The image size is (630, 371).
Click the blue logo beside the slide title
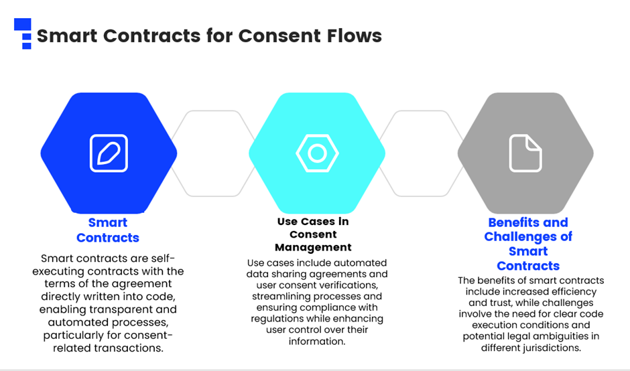pyautogui.click(x=23, y=33)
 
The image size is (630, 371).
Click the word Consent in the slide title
pyautogui.click(x=280, y=35)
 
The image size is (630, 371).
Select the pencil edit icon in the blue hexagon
pyautogui.click(x=109, y=153)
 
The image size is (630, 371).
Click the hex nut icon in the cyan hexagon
pyautogui.click(x=317, y=153)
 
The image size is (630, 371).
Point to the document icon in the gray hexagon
pyautogui.click(x=525, y=153)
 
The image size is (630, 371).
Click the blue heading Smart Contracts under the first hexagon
pyautogui.click(x=108, y=230)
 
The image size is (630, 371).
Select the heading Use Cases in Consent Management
pyautogui.click(x=313, y=234)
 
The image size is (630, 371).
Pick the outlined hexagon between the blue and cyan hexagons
pyautogui.click(x=213, y=153)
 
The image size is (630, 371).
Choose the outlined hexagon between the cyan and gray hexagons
pyautogui.click(x=422, y=153)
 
